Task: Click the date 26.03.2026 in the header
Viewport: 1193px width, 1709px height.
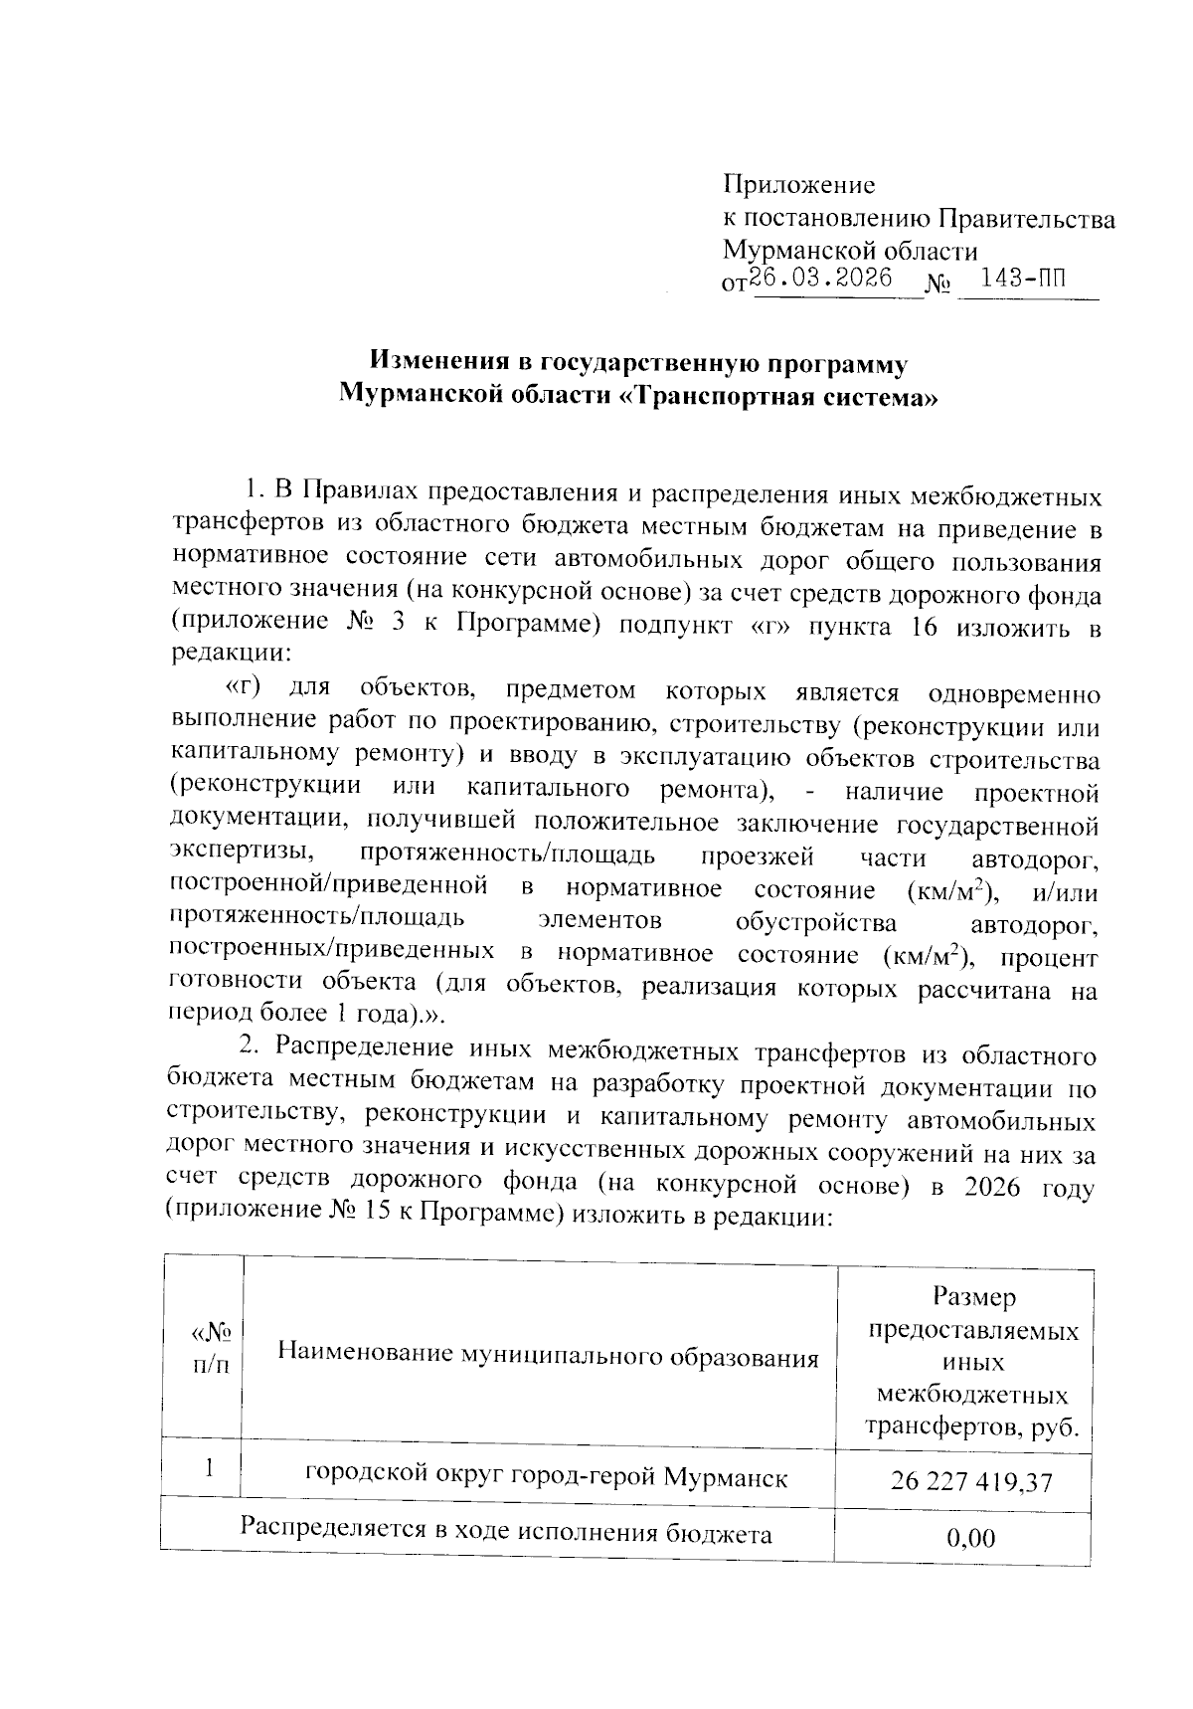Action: click(821, 278)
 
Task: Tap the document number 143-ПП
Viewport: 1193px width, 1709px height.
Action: click(1023, 278)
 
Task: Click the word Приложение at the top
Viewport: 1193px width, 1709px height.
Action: click(799, 185)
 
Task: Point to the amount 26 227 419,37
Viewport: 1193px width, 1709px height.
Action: click(971, 1481)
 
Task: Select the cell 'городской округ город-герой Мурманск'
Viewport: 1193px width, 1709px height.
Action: click(546, 1477)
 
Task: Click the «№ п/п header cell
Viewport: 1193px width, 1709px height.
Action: click(210, 1348)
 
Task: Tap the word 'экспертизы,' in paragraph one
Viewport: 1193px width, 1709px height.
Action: click(242, 855)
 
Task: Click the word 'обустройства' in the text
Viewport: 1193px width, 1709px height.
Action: click(815, 922)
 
